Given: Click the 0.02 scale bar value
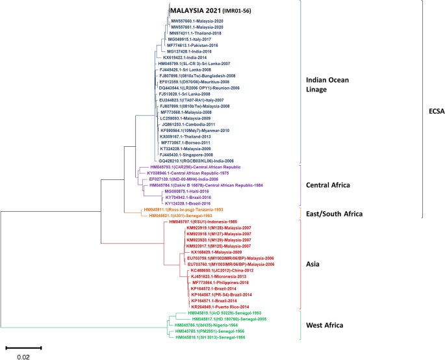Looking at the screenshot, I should pyautogui.click(x=23, y=355).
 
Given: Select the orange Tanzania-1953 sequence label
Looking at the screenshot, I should pyautogui.click(x=184, y=209).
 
